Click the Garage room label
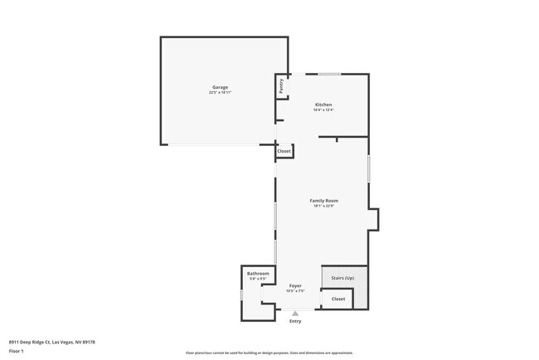[x=220, y=87]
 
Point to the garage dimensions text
[x=220, y=92]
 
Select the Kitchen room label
[x=323, y=105]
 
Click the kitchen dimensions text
[x=323, y=109]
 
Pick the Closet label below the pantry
[x=284, y=151]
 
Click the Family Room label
[x=323, y=201]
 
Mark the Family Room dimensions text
[x=323, y=206]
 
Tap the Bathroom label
[x=258, y=273]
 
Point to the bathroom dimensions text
[x=258, y=278]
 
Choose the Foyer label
[x=295, y=285]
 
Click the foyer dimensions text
[x=295, y=290]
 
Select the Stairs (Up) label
[x=342, y=277]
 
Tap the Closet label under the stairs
[x=338, y=299]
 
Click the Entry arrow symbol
[x=295, y=313]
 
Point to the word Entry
[x=295, y=321]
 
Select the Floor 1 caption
[x=17, y=351]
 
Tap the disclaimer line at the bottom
[x=269, y=353]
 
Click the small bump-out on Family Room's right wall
[x=374, y=218]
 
